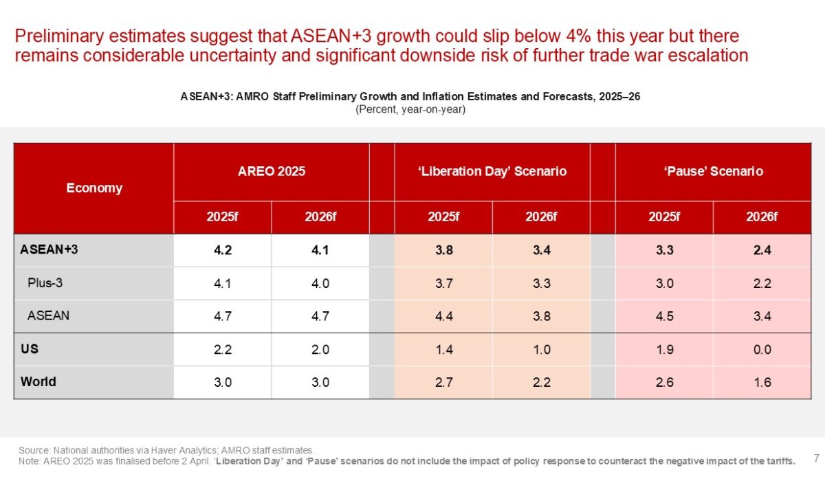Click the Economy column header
tap(94, 188)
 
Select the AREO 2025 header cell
tap(272, 171)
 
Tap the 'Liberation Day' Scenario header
tap(492, 171)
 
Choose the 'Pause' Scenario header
tap(714, 171)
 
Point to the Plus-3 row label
tap(45, 283)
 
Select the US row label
tap(30, 349)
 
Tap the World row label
tap(38, 382)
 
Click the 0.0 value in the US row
tap(762, 349)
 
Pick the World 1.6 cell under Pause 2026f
tap(762, 382)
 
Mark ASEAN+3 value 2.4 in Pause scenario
tap(762, 250)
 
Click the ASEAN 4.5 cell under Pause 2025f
tap(664, 316)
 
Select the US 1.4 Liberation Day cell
tap(443, 349)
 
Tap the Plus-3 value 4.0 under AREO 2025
tap(320, 283)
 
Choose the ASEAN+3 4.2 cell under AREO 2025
tap(223, 250)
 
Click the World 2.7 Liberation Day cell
tap(443, 382)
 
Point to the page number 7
tap(816, 458)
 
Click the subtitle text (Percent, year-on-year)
tap(410, 109)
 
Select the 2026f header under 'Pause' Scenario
tap(762, 217)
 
